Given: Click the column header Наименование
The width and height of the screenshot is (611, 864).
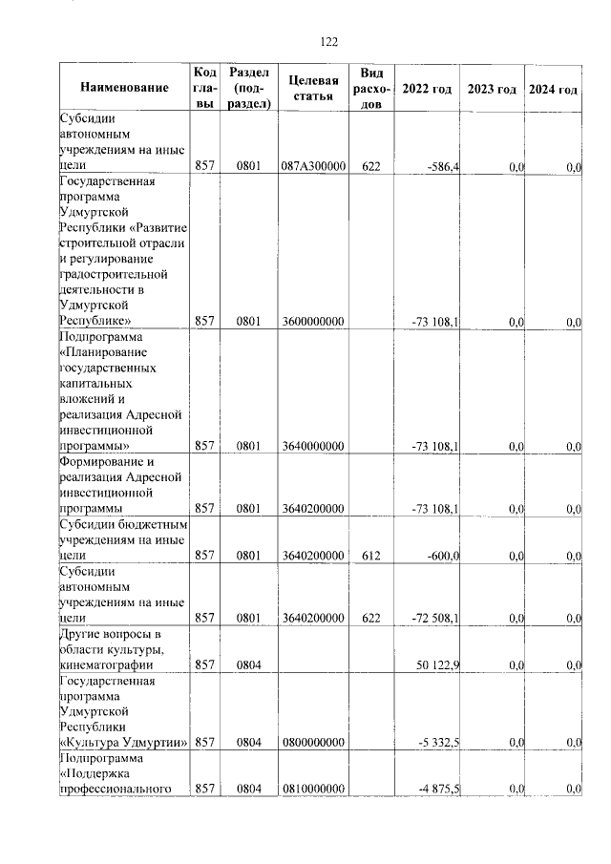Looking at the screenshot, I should click(124, 89).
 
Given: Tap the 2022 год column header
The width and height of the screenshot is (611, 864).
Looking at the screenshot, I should click(427, 89).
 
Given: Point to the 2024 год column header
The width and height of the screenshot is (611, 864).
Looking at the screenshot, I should click(554, 89).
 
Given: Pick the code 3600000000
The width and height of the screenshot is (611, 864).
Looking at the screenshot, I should click(313, 323).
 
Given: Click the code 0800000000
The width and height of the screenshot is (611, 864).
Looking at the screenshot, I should click(313, 743).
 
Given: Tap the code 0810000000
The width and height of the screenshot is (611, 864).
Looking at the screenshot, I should click(313, 789).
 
